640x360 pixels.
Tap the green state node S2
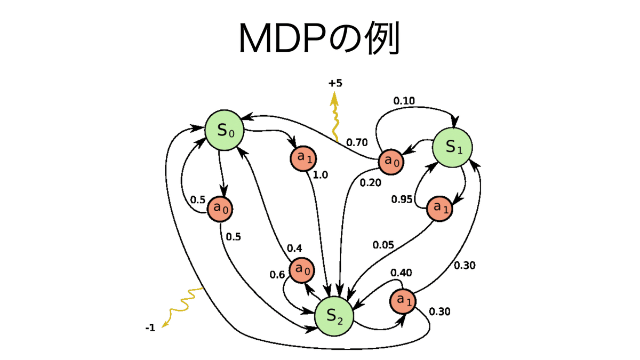pos(334,316)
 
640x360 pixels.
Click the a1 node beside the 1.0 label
pos(304,158)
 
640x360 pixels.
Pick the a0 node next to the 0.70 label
pos(392,161)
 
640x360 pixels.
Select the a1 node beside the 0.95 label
pos(440,208)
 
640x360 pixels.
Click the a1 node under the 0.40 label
pos(403,301)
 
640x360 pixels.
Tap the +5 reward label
pos(335,83)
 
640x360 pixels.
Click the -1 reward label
pos(150,328)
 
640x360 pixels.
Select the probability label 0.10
pos(404,100)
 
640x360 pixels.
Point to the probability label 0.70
pos(357,142)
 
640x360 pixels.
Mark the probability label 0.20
pos(370,183)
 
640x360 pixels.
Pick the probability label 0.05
pos(383,245)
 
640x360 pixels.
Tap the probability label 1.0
pos(320,175)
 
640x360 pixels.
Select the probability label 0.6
pos(277,275)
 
